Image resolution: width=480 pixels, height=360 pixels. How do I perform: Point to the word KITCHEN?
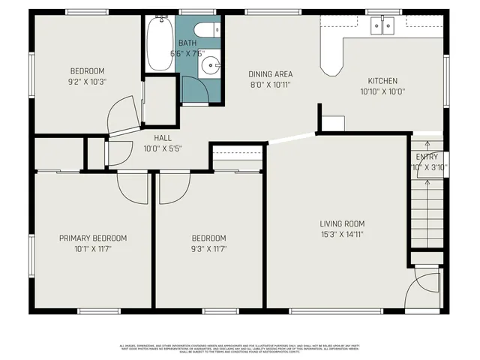(382, 81)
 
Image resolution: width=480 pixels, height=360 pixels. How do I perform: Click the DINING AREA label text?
(270, 74)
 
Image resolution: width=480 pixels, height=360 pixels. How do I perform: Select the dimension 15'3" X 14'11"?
(342, 234)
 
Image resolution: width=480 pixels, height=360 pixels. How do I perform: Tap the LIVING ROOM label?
(342, 223)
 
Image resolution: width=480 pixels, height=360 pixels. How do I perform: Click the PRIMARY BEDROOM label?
(93, 238)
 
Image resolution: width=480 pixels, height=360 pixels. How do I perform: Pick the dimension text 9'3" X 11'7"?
(208, 249)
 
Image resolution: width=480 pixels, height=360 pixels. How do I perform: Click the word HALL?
(163, 138)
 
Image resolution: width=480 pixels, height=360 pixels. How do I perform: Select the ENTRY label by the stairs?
(427, 157)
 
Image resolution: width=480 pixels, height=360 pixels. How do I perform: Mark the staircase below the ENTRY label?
(426, 217)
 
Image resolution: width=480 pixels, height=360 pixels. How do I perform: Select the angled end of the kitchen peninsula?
(331, 67)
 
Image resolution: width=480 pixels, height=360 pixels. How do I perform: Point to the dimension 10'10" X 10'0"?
(382, 91)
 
